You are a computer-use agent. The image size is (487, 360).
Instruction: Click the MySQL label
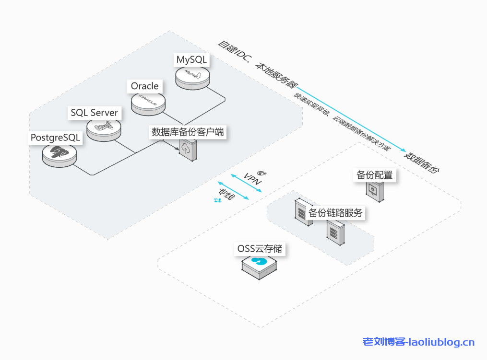pyautogui.click(x=191, y=60)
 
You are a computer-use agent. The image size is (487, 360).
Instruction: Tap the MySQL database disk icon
pyautogui.click(x=192, y=76)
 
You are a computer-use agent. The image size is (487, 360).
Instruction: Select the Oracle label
pyautogui.click(x=144, y=86)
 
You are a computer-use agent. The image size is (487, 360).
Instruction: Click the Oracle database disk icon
pyautogui.click(x=148, y=103)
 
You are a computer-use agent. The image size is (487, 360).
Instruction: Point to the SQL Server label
pyautogui.click(x=95, y=113)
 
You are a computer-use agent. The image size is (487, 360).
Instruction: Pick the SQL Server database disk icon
pyautogui.click(x=104, y=129)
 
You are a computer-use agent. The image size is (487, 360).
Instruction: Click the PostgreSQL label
pyautogui.click(x=55, y=138)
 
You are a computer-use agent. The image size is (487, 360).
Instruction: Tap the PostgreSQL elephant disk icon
pyautogui.click(x=59, y=154)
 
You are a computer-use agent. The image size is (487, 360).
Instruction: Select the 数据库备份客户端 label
pyautogui.click(x=188, y=132)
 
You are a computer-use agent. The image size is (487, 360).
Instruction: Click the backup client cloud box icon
pyautogui.click(x=188, y=151)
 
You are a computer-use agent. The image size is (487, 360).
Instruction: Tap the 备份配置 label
pyautogui.click(x=375, y=175)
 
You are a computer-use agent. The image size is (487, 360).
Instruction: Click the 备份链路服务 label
pyautogui.click(x=335, y=213)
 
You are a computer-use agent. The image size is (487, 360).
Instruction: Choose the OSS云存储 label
pyautogui.click(x=260, y=249)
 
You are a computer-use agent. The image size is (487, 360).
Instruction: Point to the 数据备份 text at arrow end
pyautogui.click(x=422, y=163)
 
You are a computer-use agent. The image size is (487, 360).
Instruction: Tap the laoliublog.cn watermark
pyautogui.click(x=418, y=342)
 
